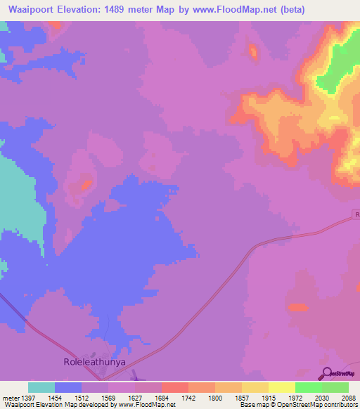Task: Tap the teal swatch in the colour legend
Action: click(41, 387)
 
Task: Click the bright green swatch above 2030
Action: click(309, 387)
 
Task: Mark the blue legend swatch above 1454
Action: click(68, 387)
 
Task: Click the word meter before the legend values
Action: click(11, 397)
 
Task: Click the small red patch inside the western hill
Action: click(86, 186)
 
